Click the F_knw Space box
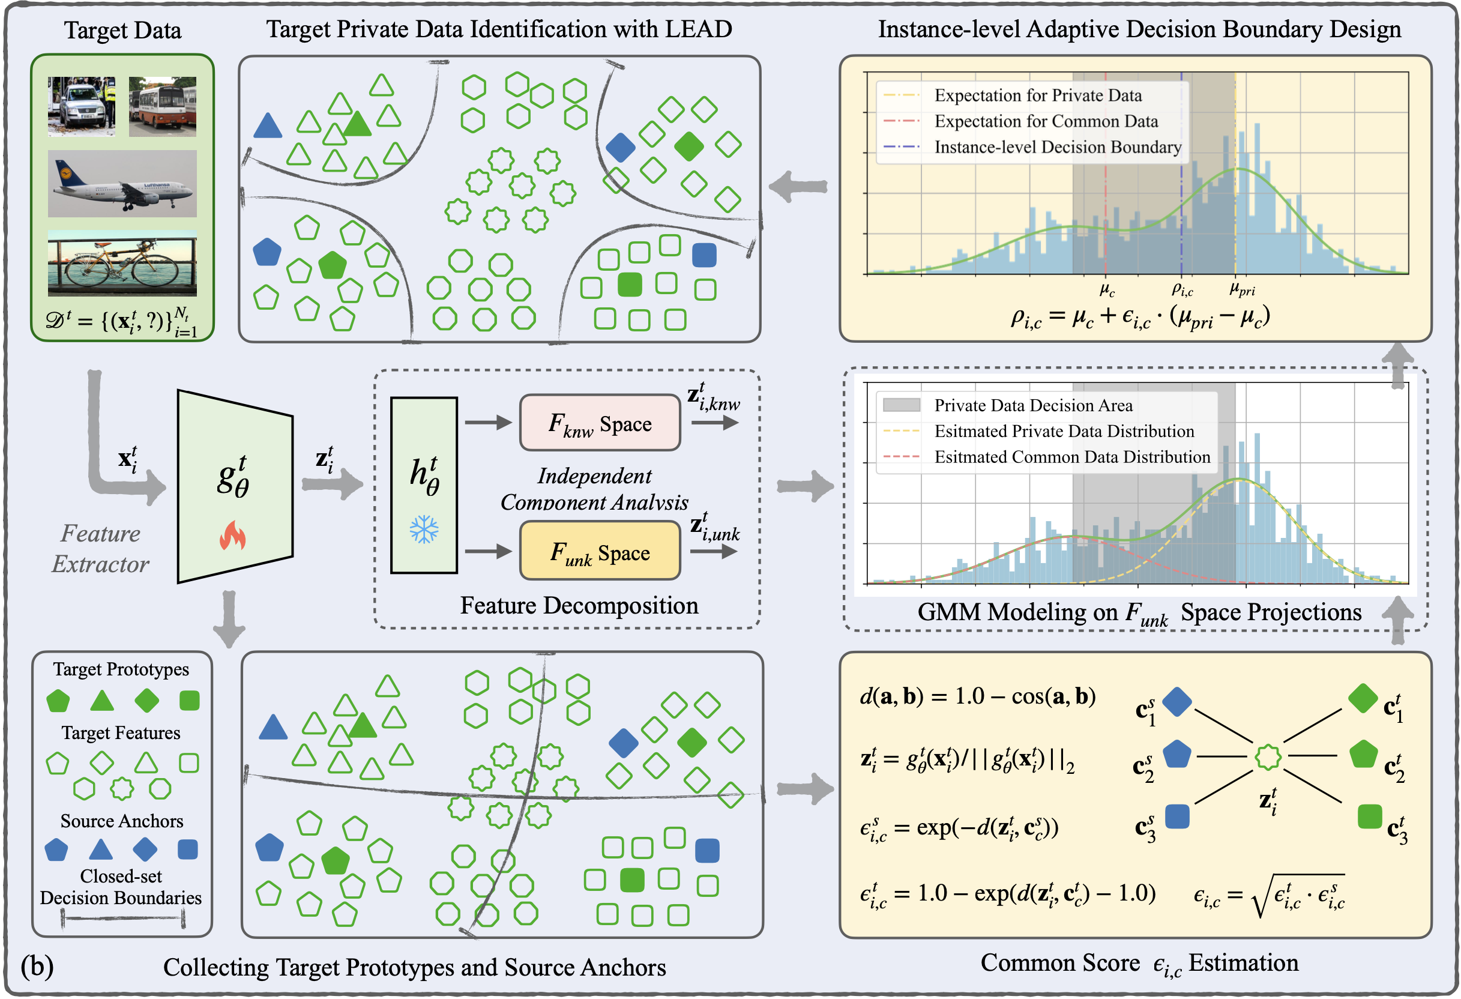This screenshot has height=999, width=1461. coord(600,423)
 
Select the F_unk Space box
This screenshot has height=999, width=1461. coord(600,552)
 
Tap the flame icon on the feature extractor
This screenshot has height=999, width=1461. coord(233,536)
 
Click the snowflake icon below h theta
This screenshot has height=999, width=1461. coord(424,530)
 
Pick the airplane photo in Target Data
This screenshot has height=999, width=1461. coord(122,184)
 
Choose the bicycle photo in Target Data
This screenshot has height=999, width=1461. coord(122,264)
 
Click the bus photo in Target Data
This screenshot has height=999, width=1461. coord(162,106)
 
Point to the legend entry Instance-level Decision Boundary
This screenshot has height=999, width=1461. coord(1058,147)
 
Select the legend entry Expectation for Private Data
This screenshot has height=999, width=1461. coord(1037,95)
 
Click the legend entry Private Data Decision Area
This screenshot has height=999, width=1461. coord(1033,405)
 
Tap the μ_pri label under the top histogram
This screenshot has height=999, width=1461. coord(1241,289)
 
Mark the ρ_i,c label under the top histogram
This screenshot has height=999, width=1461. coord(1182,289)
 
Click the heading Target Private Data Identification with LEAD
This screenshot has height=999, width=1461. coord(499,29)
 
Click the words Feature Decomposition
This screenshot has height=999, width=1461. coord(579,605)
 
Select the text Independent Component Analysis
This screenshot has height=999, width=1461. coord(594,489)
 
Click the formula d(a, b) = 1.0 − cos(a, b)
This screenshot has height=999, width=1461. coord(978,696)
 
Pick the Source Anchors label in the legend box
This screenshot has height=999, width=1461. coord(122,821)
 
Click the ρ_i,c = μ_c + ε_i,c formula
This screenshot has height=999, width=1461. coord(1140,318)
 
